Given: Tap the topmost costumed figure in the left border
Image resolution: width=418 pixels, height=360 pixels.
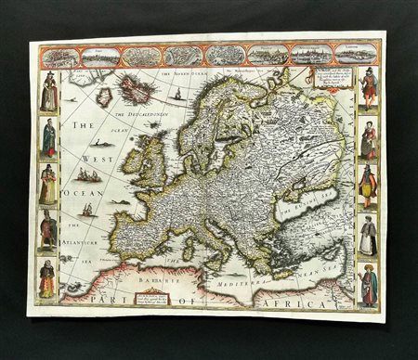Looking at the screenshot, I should (49, 93).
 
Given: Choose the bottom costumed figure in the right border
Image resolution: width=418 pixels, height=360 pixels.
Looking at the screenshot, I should (369, 285).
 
